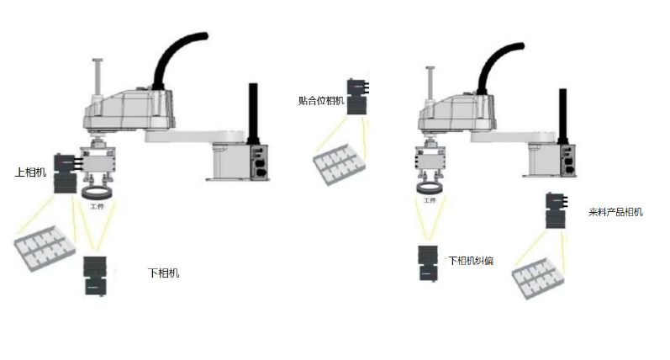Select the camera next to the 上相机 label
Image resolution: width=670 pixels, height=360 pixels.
64,173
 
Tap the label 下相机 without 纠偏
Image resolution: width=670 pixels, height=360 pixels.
163,273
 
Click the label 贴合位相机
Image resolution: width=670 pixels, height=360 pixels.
321,101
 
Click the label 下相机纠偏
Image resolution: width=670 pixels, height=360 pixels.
470,261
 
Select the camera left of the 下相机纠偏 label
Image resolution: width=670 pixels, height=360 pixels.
428,262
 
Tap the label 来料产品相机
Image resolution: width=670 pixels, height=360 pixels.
615,212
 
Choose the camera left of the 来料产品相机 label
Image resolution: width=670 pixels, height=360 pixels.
556,210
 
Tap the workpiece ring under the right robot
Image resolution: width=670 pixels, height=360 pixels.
430,187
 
